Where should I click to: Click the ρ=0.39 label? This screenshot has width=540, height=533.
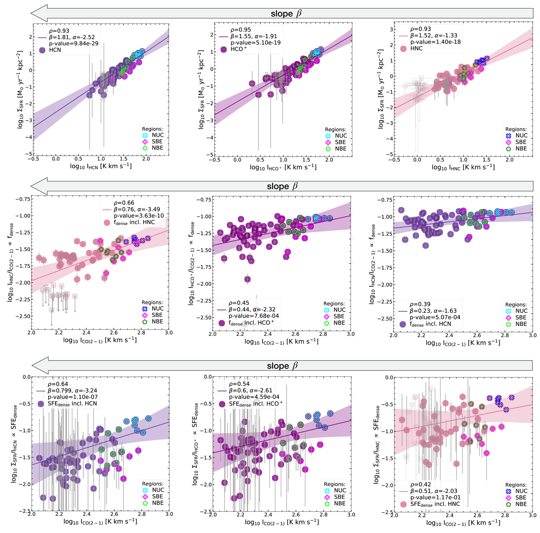[419, 304]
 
